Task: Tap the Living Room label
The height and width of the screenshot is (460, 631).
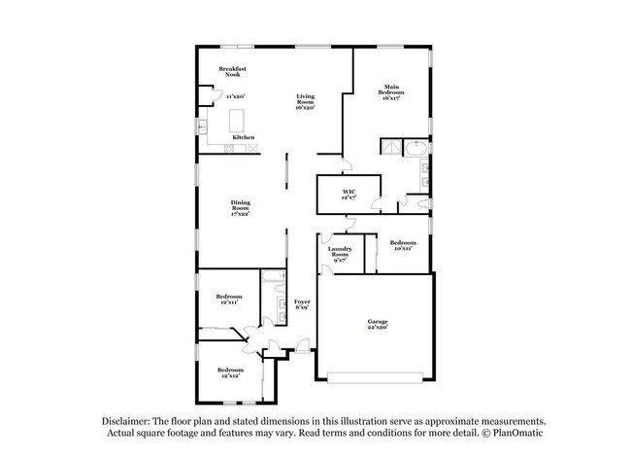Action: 306,101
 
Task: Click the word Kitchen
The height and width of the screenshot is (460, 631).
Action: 244,137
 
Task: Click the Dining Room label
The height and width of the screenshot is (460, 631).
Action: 241,207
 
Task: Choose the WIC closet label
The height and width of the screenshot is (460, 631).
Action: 349,194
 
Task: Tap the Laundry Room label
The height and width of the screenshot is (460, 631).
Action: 341,254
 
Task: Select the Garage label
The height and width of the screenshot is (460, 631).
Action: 378,324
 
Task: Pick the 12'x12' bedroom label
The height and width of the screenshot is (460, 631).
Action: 230,372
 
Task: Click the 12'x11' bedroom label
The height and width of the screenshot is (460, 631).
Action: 229,299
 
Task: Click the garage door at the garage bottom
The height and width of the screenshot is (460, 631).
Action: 375,376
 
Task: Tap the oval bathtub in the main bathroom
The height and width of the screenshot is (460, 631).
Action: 415,150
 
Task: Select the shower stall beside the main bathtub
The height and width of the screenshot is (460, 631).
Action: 391,149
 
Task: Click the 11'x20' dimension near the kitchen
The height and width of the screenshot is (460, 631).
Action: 235,96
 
